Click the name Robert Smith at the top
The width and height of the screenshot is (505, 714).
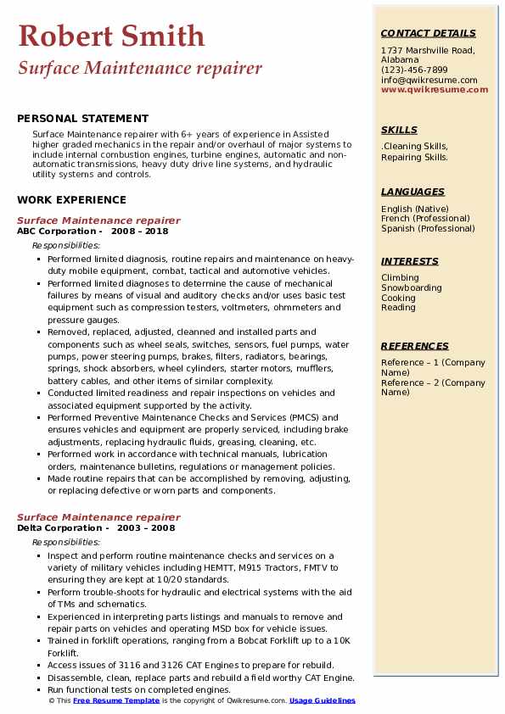(x=111, y=36)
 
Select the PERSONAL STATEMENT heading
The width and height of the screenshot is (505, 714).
(x=82, y=119)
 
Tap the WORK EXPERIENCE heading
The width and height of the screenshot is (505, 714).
(x=71, y=200)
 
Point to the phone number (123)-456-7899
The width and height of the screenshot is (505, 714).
(x=414, y=70)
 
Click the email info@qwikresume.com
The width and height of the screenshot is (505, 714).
(x=429, y=80)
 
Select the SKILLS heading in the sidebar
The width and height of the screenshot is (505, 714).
(x=399, y=130)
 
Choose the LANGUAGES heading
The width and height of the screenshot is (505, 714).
(x=412, y=192)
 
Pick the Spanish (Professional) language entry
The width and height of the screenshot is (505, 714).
(x=429, y=228)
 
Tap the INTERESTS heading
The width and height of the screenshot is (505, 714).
(x=410, y=261)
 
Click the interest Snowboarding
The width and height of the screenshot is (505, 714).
(x=412, y=288)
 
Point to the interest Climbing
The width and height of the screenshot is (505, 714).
(x=400, y=278)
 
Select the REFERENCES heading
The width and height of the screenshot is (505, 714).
(x=415, y=346)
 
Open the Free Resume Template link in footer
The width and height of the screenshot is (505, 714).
(x=116, y=701)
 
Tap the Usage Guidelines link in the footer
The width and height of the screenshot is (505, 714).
(x=322, y=701)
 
